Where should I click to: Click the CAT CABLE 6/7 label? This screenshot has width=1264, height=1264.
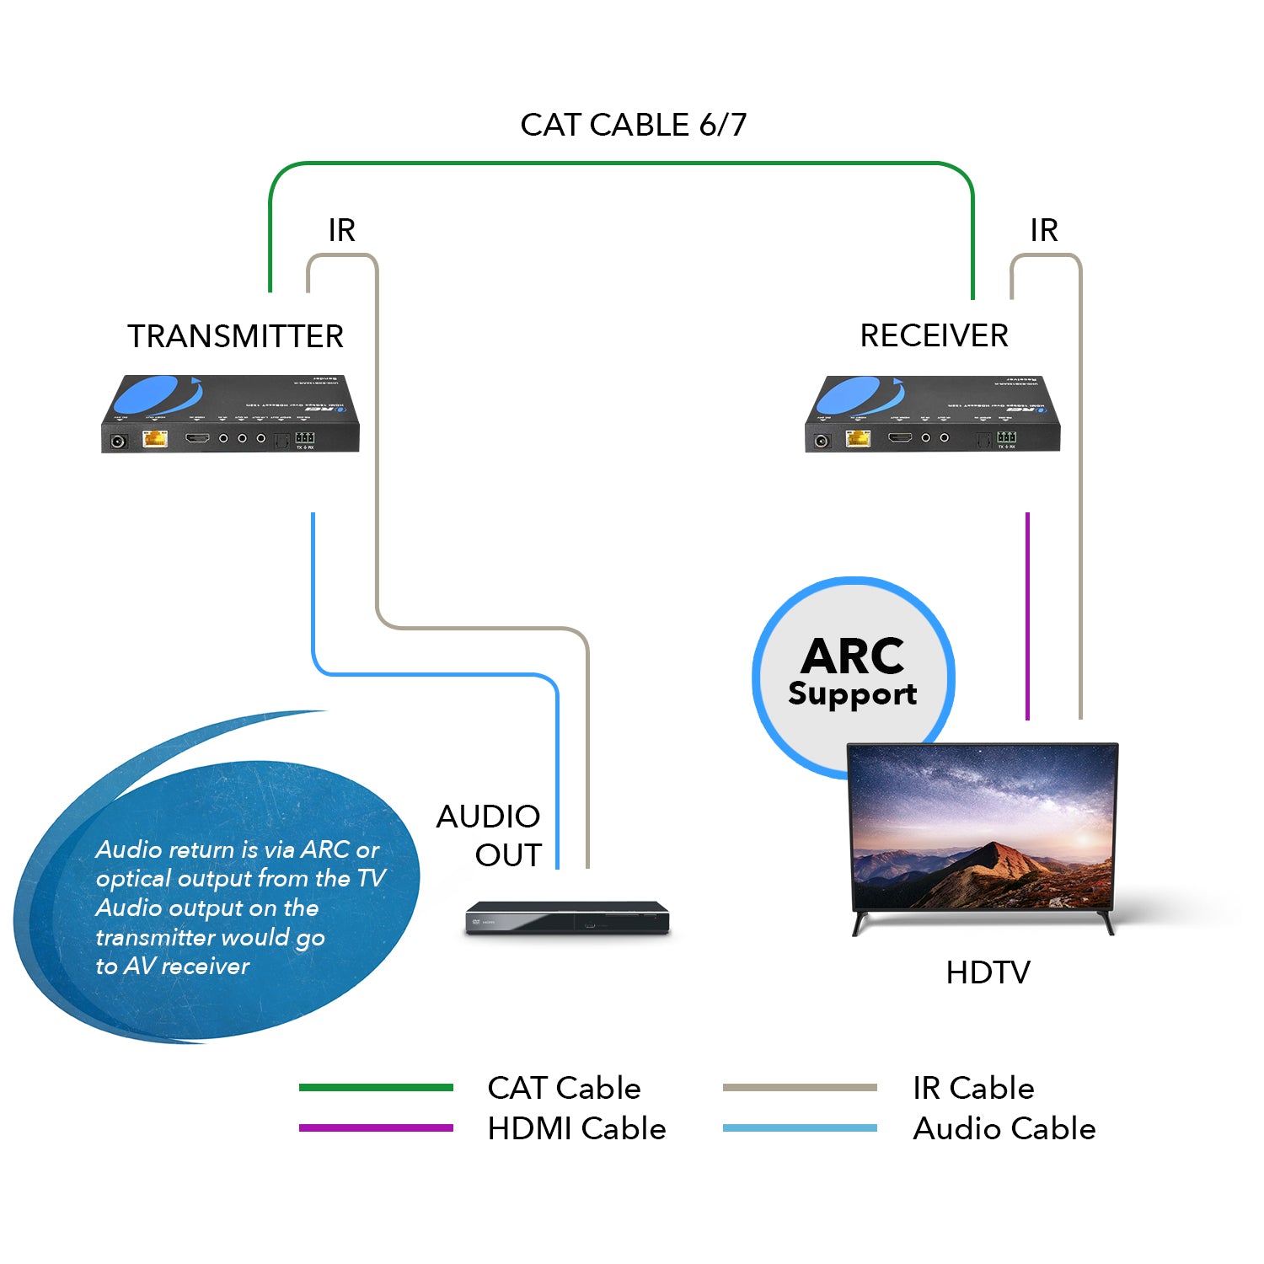(x=633, y=125)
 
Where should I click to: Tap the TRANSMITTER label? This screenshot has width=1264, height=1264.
(x=235, y=336)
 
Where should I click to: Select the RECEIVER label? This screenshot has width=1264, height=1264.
(x=934, y=335)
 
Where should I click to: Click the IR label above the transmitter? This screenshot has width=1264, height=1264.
(x=341, y=230)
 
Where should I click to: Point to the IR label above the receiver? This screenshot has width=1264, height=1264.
(x=1043, y=230)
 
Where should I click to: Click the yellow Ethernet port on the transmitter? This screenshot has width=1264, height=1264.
(x=155, y=438)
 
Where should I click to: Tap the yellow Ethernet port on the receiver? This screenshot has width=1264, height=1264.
(x=858, y=438)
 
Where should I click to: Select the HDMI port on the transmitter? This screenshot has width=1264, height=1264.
(x=197, y=438)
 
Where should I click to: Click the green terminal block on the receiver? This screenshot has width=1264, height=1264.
(x=1006, y=437)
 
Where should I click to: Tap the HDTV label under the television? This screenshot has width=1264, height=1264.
(x=988, y=972)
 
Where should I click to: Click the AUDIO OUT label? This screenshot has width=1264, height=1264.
(x=489, y=835)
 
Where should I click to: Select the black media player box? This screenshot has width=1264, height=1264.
(x=567, y=918)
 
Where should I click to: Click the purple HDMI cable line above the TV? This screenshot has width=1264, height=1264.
(x=1027, y=615)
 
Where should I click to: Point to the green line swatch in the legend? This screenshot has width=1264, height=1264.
(x=376, y=1087)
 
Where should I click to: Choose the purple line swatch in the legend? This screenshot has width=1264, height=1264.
(x=376, y=1127)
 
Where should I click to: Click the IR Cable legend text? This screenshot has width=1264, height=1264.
(x=973, y=1088)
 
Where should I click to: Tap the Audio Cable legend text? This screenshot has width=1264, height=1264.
(x=1004, y=1128)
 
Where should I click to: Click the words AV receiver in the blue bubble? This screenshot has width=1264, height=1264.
(x=186, y=966)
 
